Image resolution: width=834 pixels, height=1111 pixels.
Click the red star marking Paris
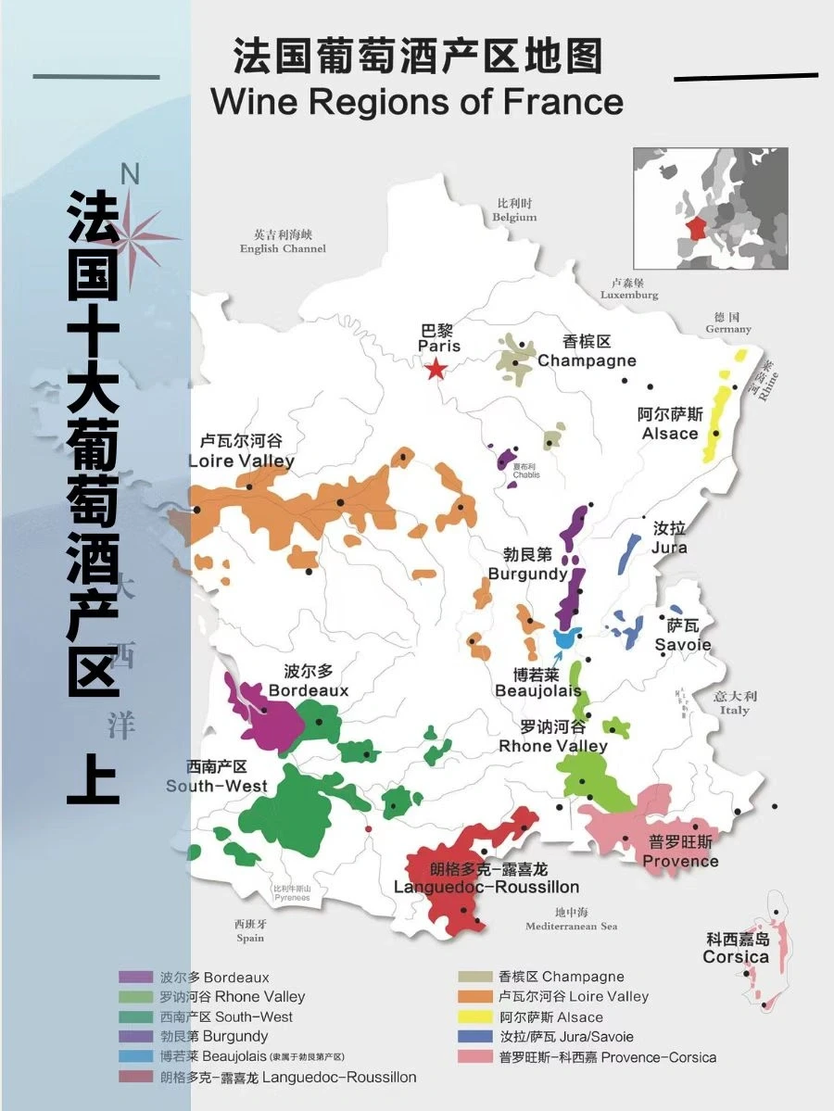436,370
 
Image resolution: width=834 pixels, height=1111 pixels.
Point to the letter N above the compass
130,174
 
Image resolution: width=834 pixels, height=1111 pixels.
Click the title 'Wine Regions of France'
417,101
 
